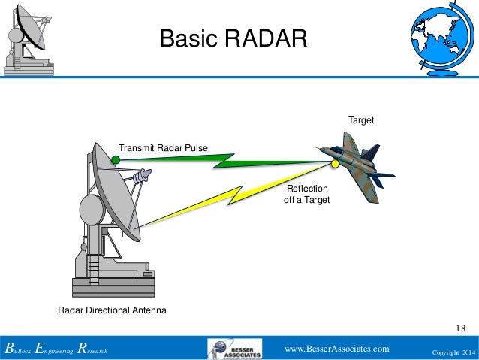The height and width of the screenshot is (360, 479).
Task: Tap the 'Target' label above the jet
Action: [x=360, y=120]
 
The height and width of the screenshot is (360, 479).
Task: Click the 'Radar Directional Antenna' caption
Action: [x=112, y=310]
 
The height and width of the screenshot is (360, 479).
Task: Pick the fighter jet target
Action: [x=357, y=165]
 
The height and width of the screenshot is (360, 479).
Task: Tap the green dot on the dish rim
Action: [x=116, y=159]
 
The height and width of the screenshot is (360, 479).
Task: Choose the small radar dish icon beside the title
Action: [x=28, y=39]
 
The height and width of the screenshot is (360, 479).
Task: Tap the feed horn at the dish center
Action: [x=140, y=177]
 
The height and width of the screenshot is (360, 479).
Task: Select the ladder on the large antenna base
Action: [x=93, y=267]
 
